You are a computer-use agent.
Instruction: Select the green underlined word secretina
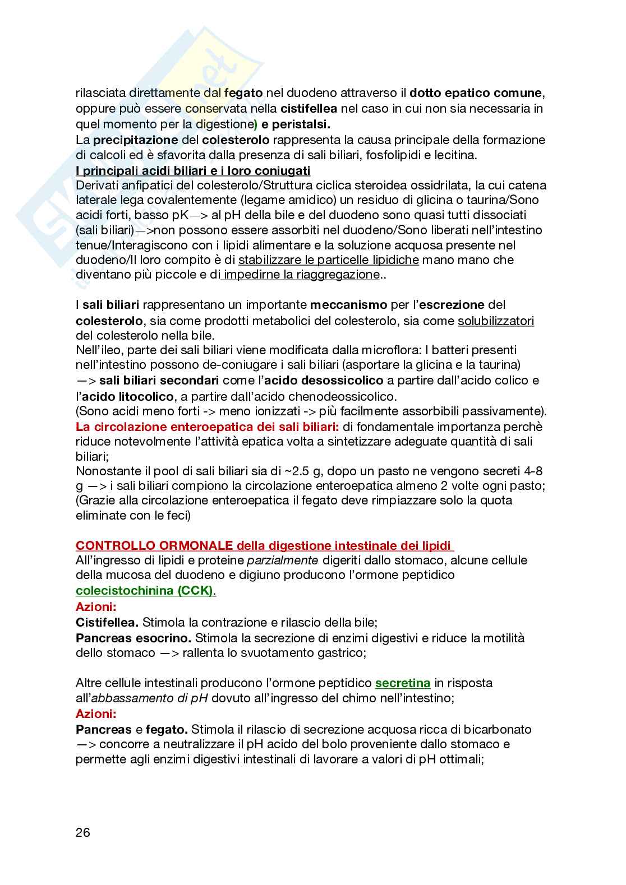coord(402,683)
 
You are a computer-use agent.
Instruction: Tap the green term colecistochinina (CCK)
coord(146,591)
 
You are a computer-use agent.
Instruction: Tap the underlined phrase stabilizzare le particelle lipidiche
coord(329,260)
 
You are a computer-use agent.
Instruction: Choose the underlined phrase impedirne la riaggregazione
coord(301,275)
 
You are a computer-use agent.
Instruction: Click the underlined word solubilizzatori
coord(496,321)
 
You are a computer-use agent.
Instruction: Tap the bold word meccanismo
coord(348,305)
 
